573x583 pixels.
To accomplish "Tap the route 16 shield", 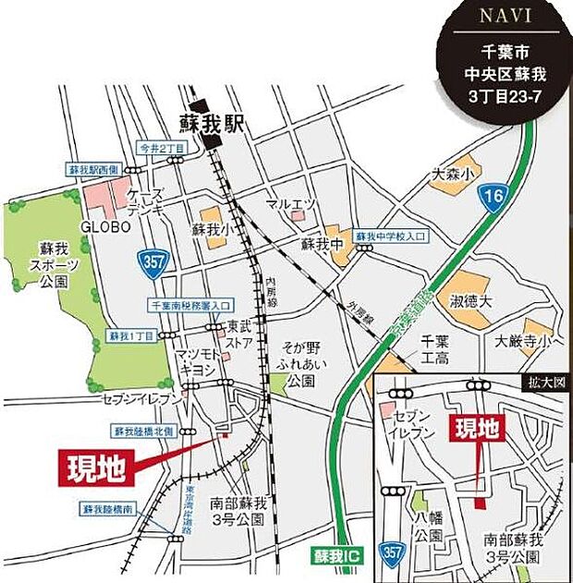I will point(494,196).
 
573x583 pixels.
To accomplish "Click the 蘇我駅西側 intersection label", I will point(93,170).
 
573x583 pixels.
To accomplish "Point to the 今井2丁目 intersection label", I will point(160,148).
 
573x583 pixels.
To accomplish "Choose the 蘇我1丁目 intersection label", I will point(128,334).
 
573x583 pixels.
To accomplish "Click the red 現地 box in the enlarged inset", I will point(477,431).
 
